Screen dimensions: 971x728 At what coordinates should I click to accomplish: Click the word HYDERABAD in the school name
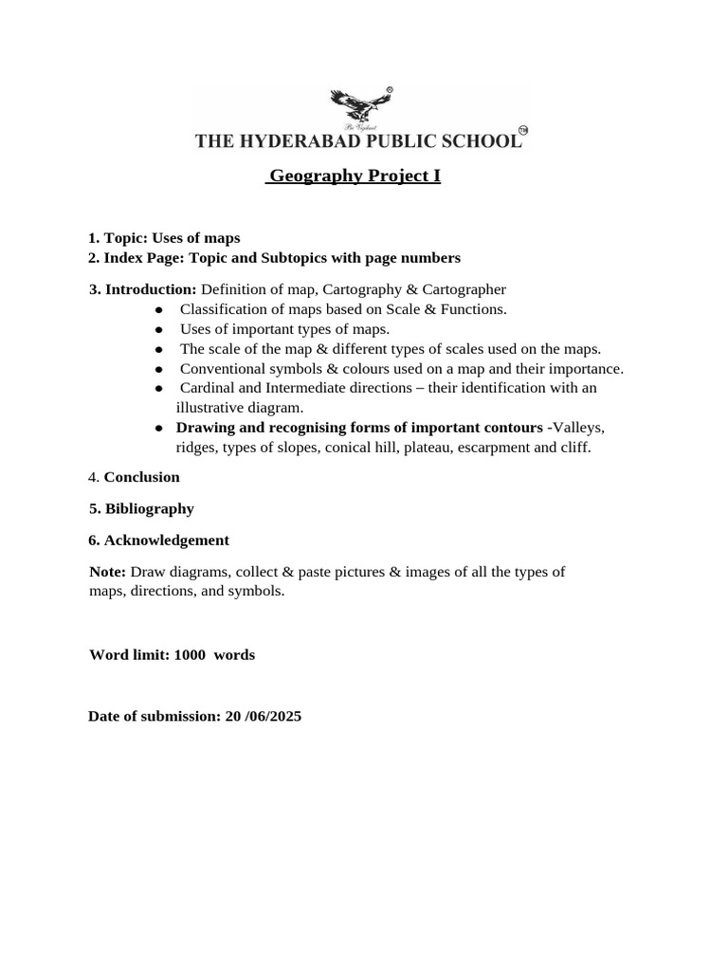[302, 142]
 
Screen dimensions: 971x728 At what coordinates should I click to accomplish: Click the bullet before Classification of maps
[159, 309]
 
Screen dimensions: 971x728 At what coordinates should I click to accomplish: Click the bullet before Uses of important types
[159, 329]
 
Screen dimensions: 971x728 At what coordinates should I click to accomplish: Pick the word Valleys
[573, 428]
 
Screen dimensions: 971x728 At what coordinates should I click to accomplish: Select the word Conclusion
[141, 477]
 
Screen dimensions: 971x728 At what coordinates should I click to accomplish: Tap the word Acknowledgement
[167, 540]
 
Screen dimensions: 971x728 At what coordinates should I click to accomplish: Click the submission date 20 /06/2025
[263, 717]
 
